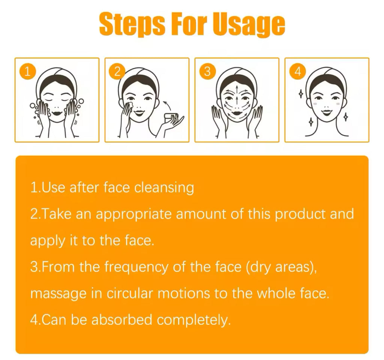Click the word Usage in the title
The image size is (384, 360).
pyautogui.click(x=249, y=24)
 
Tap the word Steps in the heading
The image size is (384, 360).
pyautogui.click(x=132, y=24)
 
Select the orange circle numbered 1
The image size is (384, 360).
pyautogui.click(x=28, y=72)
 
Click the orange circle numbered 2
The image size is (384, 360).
pyautogui.click(x=117, y=72)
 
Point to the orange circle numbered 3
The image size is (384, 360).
pyautogui.click(x=207, y=72)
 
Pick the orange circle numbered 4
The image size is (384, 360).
pyautogui.click(x=297, y=72)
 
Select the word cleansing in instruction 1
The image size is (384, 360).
pyautogui.click(x=164, y=188)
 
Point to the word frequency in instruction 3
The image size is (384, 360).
pyautogui.click(x=136, y=267)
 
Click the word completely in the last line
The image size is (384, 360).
pyautogui.click(x=194, y=320)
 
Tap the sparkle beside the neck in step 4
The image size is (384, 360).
pyautogui.click(x=310, y=122)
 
